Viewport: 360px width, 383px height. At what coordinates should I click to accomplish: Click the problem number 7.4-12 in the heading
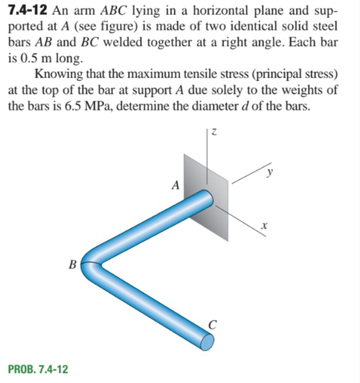[x=29, y=11]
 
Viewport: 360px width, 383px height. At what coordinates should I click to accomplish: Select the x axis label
[x=266, y=225]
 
